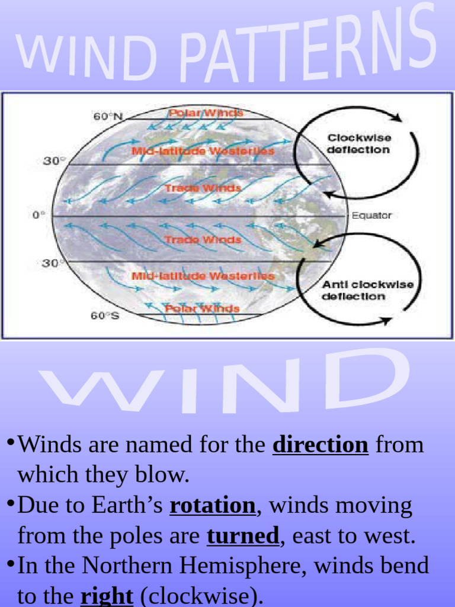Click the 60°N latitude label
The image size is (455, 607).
107,117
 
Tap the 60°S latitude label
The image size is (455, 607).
105,316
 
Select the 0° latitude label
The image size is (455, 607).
39,215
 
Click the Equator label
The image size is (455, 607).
371,216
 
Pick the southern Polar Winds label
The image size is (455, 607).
202,309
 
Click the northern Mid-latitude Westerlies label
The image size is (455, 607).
203,151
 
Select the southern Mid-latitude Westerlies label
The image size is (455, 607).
203,276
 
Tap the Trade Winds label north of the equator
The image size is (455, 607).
203,188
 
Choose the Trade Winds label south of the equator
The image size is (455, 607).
203,240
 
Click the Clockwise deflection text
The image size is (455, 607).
360,144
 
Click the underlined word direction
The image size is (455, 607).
320,445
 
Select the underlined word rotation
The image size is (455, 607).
212,506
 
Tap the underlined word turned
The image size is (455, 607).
242,536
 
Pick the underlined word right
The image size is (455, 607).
107,596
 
